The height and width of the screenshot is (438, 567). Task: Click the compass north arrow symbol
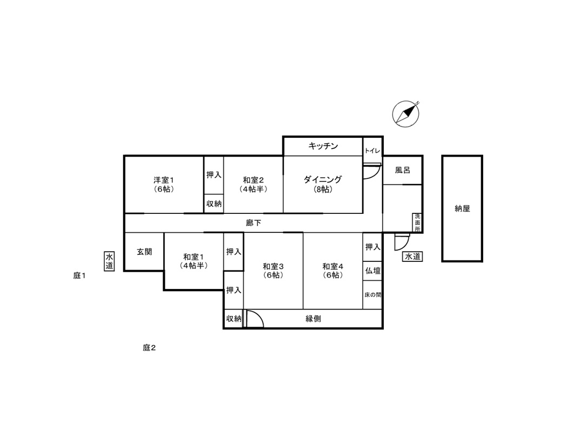coord(406,114)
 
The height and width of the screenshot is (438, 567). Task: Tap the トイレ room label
coord(372,151)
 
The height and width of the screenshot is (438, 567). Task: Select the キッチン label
coord(323,146)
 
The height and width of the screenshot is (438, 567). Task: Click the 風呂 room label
coord(403,170)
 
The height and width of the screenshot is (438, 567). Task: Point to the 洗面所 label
coord(418,223)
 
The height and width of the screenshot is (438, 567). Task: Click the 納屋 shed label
coord(462,208)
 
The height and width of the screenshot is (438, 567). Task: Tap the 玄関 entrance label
coord(144,252)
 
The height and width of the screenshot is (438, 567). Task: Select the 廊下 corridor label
coord(254,223)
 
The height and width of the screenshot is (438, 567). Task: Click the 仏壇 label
coord(373,271)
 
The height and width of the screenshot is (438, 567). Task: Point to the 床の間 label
coord(373,295)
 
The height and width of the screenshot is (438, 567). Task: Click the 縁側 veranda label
coord(313,319)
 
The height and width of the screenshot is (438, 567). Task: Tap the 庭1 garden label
coord(79,276)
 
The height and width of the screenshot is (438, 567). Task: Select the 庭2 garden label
coord(149,348)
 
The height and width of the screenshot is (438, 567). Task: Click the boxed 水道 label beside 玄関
coord(109,261)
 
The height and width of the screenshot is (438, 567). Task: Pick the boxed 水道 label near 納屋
coord(412,257)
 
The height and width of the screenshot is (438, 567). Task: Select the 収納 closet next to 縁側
coord(234,319)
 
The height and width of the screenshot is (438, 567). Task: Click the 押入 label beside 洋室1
coord(214,175)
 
